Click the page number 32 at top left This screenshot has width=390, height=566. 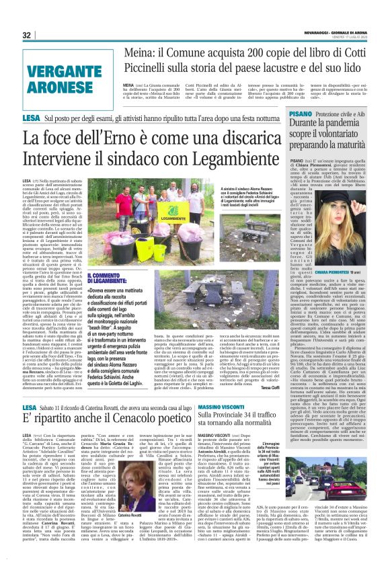27,36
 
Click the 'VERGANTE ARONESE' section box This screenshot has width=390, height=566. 69,78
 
